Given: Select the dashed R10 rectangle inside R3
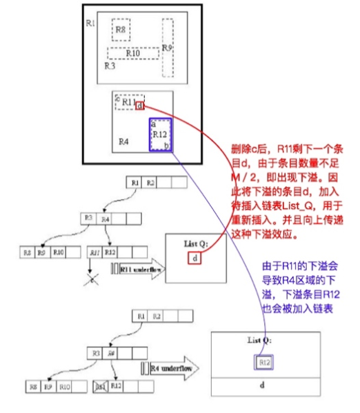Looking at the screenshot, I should (133, 53).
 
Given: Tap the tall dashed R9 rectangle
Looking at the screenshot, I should (167, 48).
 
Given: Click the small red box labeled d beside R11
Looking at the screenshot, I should (140, 106).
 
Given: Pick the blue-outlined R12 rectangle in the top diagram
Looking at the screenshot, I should (160, 134).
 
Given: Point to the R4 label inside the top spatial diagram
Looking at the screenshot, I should (123, 141).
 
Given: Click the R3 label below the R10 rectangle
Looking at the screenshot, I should (110, 66).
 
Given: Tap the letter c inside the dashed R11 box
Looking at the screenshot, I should (118, 99).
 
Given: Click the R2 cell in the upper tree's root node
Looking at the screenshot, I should (151, 183).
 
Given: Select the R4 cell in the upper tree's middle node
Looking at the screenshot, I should (106, 219).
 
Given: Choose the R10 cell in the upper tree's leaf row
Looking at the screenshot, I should (59, 253).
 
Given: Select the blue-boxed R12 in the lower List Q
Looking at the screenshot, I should (264, 361).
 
